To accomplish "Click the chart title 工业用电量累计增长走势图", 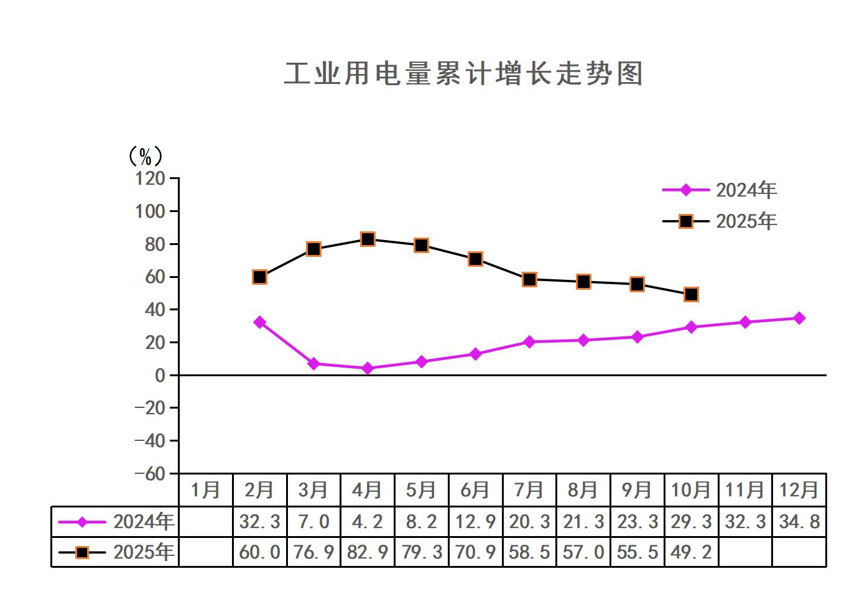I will (463, 73).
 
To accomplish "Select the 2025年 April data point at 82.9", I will (368, 239).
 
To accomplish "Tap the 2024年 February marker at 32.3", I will (260, 322).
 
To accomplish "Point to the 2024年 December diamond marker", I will (799, 318).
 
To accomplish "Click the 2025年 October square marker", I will (691, 294).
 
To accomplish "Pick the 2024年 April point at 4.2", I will (368, 368).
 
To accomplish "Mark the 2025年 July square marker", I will (529, 279).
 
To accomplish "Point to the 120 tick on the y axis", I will (151, 178).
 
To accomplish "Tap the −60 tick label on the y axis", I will (151, 473).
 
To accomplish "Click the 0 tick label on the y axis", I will (160, 375).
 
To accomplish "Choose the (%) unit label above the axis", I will (145, 156).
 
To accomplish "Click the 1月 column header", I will (205, 490).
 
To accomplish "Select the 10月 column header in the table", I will (691, 490).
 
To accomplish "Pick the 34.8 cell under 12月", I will (799, 521).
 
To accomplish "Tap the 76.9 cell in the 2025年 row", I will (313, 552).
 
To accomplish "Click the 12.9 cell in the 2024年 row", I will (475, 521).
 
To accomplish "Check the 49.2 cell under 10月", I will (691, 552).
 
